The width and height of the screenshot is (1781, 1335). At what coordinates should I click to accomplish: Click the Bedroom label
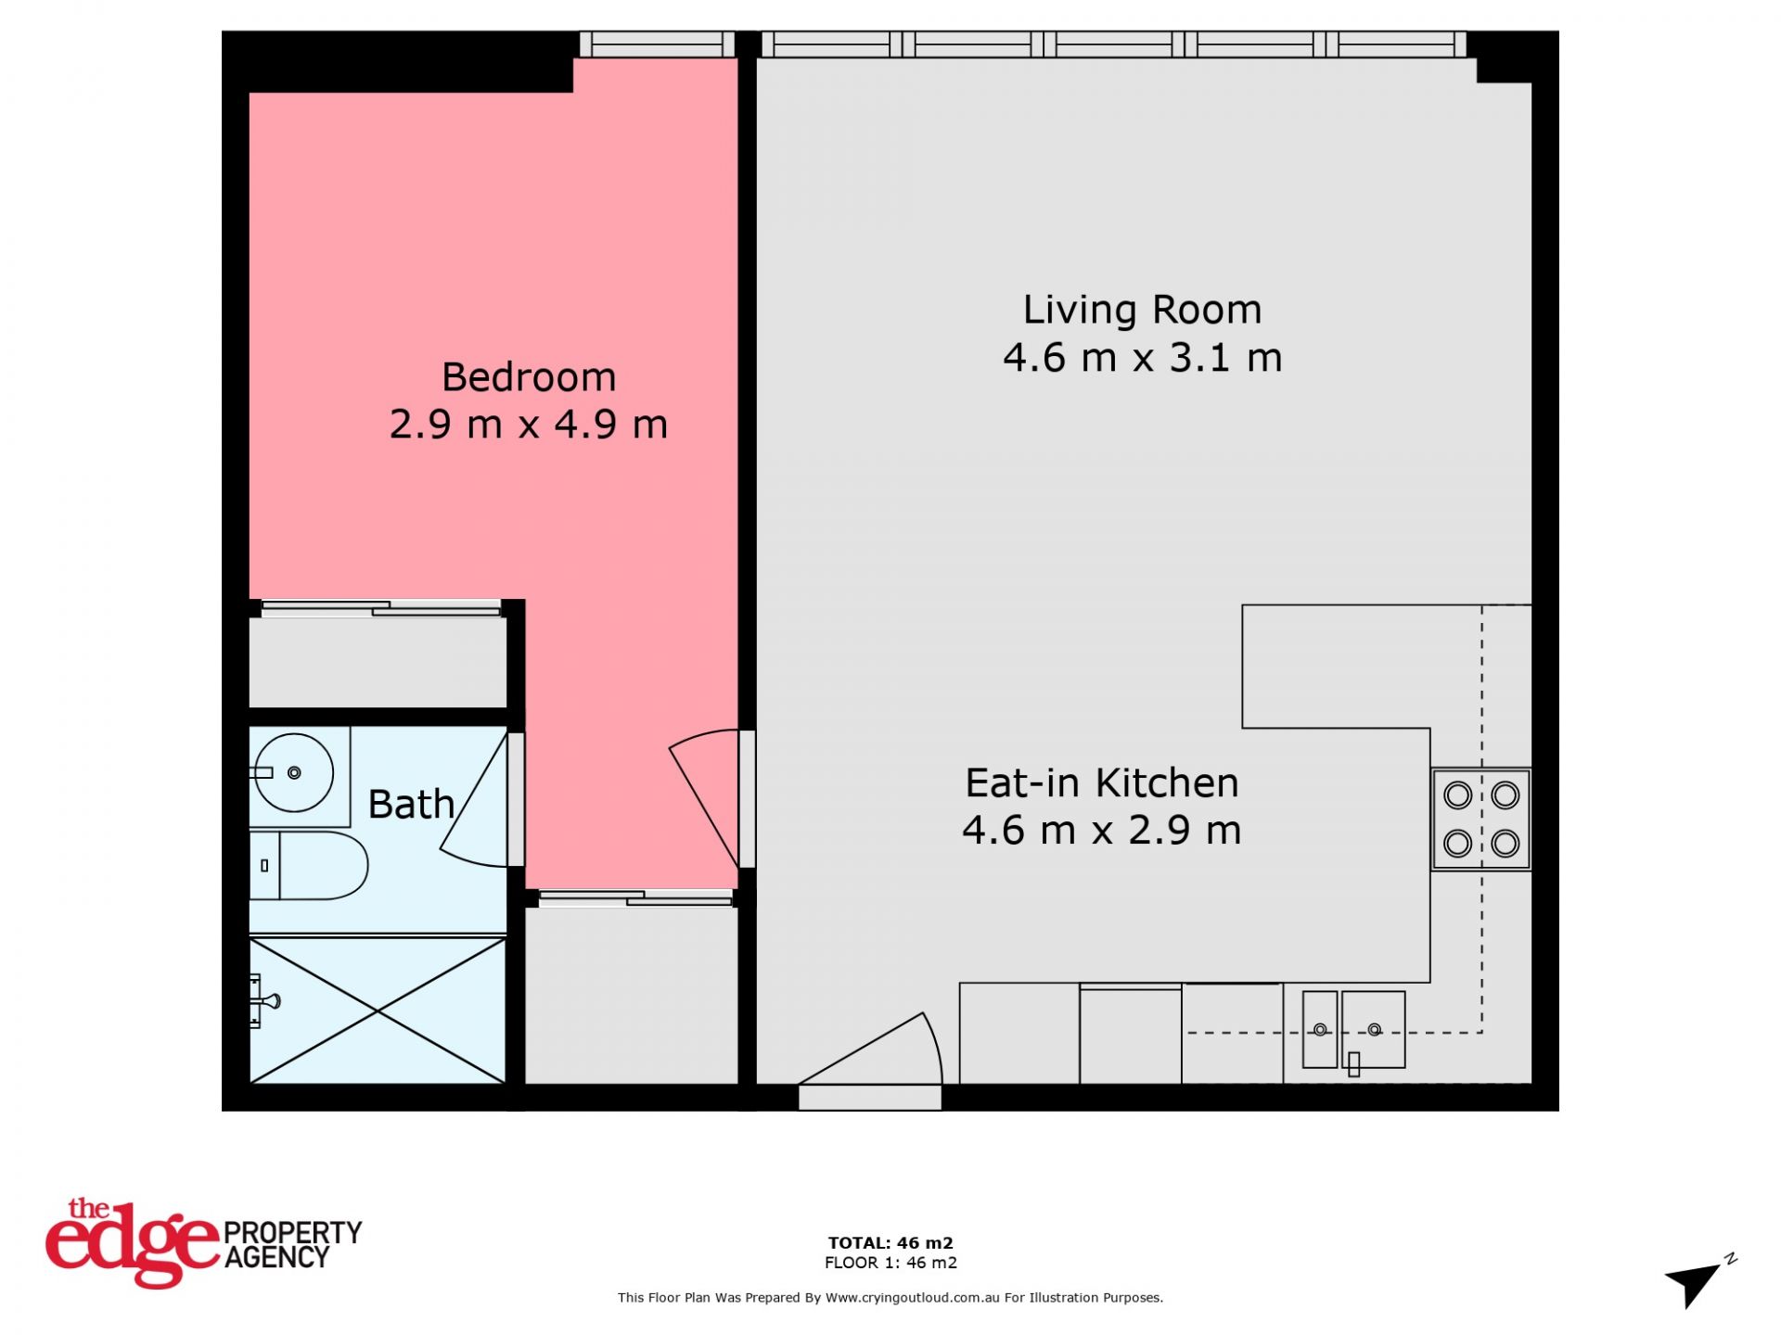(529, 377)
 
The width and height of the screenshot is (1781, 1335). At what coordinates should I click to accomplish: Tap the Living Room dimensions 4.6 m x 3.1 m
(1143, 358)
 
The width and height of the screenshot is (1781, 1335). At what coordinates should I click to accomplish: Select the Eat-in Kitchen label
(1102, 783)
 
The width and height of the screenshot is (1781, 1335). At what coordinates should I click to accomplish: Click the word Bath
(411, 804)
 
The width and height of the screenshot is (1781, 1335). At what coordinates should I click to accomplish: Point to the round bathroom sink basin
(293, 772)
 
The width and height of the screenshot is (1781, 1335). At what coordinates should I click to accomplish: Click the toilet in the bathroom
(309, 866)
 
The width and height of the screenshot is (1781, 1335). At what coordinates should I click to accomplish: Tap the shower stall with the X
(378, 1011)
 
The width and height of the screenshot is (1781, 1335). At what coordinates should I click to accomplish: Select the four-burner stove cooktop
(1481, 820)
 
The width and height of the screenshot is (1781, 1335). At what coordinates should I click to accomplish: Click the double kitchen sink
(1353, 1030)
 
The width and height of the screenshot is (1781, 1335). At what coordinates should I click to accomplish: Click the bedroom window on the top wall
(657, 44)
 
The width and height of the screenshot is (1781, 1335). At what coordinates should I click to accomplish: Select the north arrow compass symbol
(1698, 1283)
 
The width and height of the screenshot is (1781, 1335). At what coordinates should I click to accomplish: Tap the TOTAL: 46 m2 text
(890, 1243)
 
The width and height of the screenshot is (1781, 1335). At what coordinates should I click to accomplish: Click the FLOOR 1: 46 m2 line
(890, 1263)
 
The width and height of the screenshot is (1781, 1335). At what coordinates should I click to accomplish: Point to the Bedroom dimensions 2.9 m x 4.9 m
(529, 425)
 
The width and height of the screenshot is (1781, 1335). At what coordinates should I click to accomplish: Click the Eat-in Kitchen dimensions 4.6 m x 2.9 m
(1102, 831)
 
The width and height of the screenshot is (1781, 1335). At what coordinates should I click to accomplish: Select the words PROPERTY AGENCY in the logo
(293, 1245)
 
